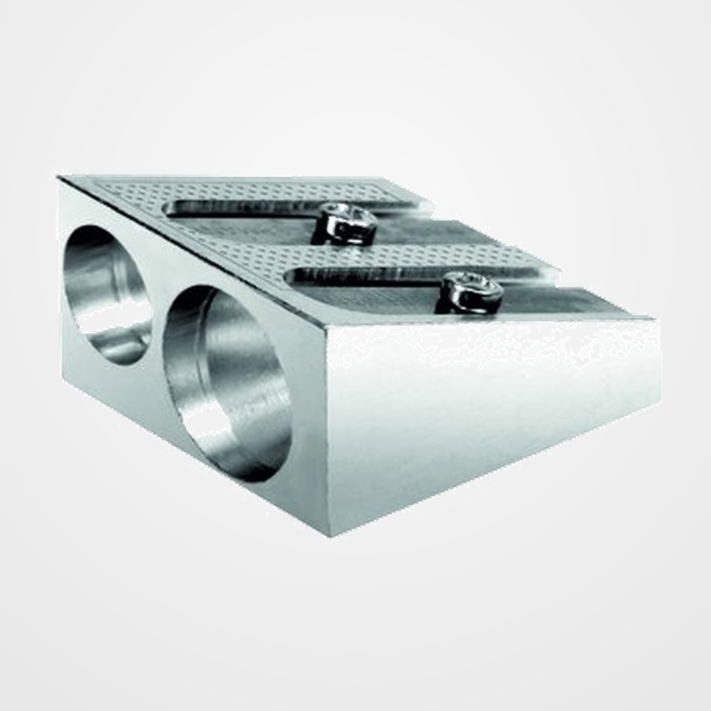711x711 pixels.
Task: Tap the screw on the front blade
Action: [x=471, y=292]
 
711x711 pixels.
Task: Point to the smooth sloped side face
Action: [x=486, y=410]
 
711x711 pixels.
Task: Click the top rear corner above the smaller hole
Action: [x=60, y=179]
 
